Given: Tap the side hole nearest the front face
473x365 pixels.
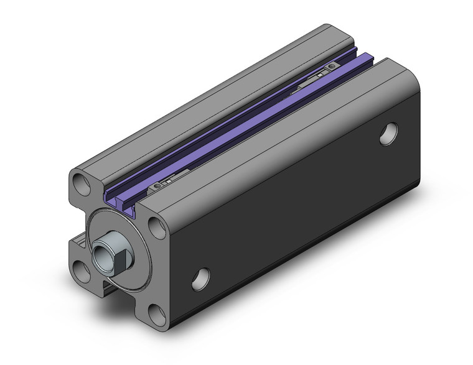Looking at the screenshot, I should [200, 279].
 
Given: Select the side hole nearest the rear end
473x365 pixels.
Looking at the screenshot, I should [389, 134].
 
